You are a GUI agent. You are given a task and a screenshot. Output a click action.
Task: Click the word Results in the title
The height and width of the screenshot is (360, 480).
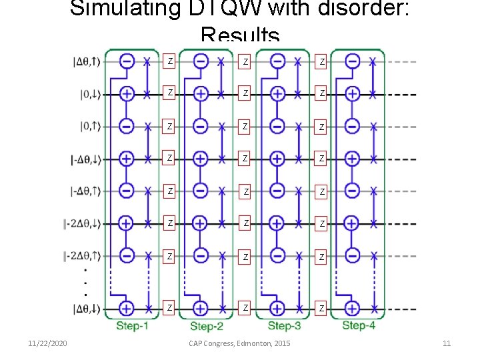[240, 35]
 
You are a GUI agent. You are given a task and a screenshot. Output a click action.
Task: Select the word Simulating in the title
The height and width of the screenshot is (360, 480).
[112, 9]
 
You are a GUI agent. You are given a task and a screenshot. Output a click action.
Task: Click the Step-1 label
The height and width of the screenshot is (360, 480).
[132, 325]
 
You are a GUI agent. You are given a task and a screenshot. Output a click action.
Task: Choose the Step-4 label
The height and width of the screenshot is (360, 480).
[359, 325]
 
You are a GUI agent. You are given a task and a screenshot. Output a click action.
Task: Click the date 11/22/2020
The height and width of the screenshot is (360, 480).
[47, 343]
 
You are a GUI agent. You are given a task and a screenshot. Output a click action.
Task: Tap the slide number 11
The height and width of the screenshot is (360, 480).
[447, 343]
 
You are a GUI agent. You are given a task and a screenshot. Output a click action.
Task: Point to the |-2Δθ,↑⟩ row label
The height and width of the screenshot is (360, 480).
[86, 255]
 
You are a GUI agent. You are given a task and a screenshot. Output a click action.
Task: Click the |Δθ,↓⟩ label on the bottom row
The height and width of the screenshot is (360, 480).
[87, 309]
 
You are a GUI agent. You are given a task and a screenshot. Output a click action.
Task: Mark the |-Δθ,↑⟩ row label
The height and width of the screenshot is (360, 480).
[87, 191]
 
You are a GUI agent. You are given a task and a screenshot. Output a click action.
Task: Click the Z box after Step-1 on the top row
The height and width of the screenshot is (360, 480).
[171, 61]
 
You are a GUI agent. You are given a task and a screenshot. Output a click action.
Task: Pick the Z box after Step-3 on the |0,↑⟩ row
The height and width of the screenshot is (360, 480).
[322, 127]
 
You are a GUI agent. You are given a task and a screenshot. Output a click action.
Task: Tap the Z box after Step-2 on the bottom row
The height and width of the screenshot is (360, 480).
[245, 307]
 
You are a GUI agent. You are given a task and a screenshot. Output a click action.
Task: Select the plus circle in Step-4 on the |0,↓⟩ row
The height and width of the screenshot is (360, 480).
[353, 94]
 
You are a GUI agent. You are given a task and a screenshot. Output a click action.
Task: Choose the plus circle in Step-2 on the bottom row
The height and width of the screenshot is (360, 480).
[201, 308]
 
